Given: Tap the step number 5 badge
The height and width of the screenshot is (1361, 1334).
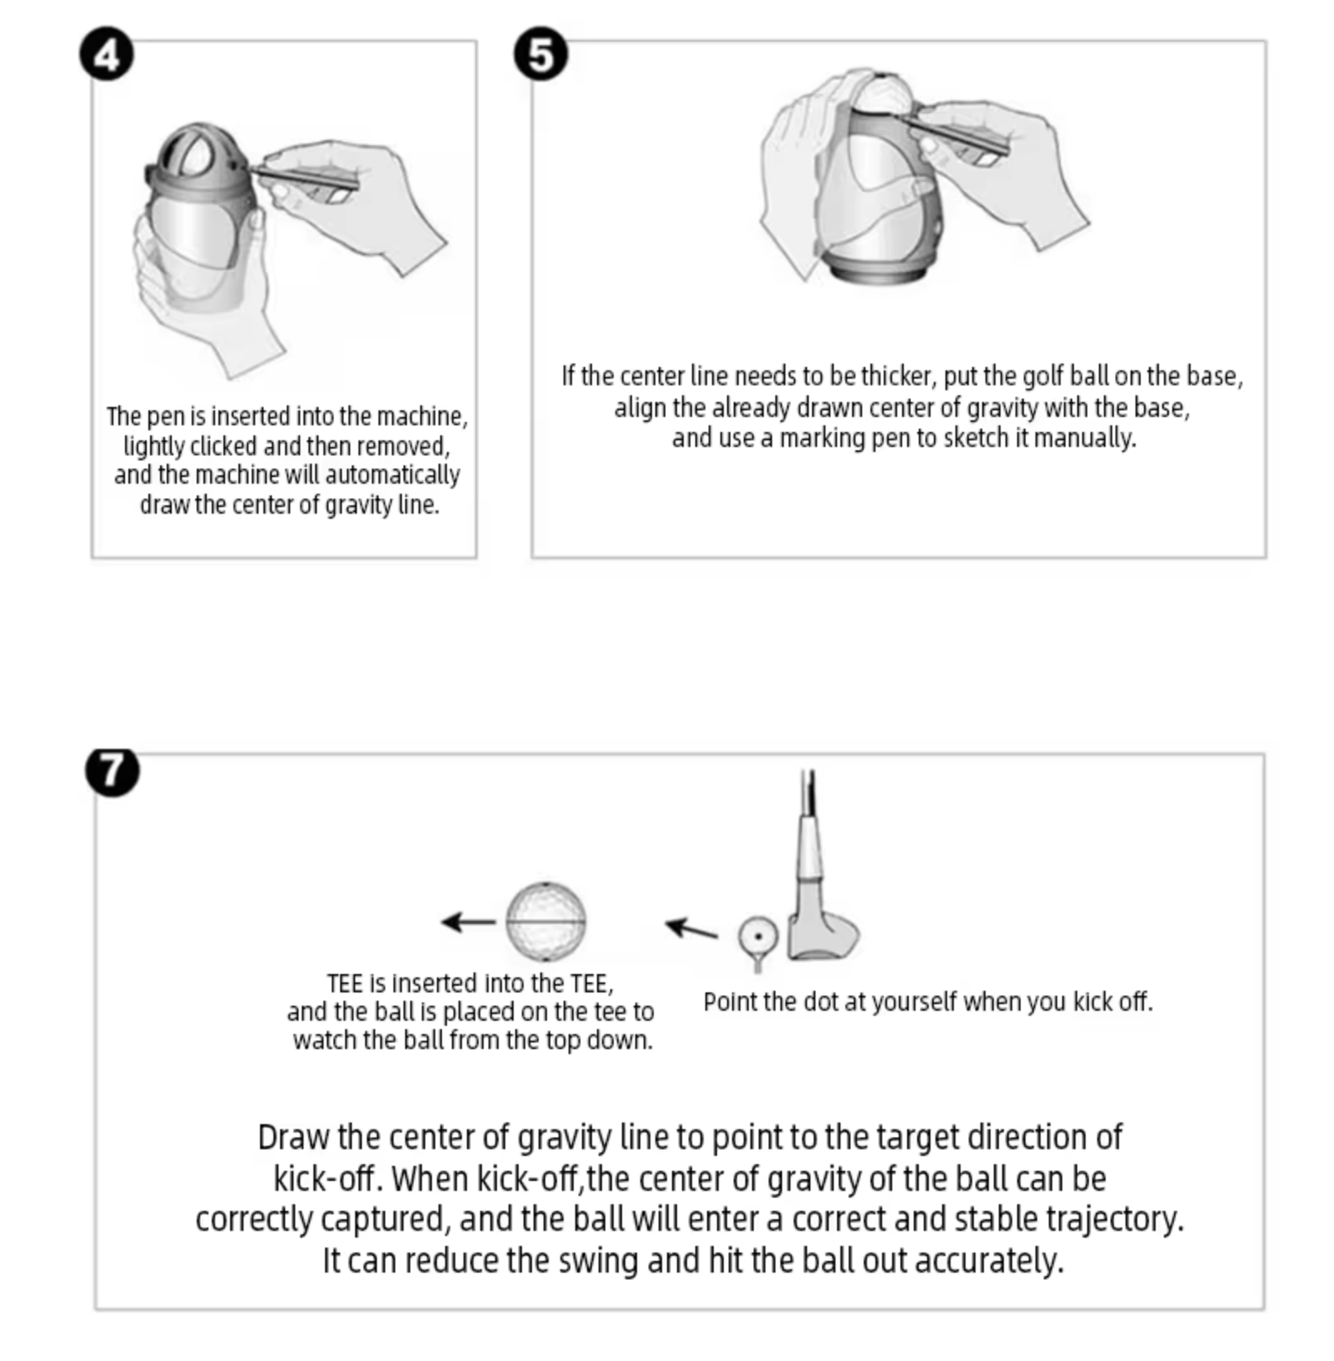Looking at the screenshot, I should pos(540,55).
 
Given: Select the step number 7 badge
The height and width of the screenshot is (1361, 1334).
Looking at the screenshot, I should pos(113,771).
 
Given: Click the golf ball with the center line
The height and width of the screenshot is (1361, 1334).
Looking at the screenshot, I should pos(546,922).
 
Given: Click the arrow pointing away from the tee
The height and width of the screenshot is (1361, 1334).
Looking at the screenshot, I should pos(690,928).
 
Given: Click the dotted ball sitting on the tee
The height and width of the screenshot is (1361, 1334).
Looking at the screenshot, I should pos(758,936).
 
